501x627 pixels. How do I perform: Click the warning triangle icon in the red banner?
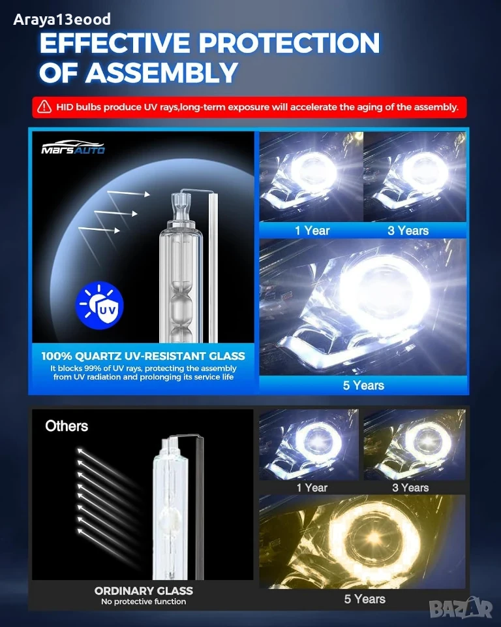pyautogui.click(x=44, y=106)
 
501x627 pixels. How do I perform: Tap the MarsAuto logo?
pyautogui.click(x=73, y=148)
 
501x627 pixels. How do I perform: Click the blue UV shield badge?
pyautogui.click(x=99, y=305)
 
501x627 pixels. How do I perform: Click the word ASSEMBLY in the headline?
pyautogui.click(x=162, y=72)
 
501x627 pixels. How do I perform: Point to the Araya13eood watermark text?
pyautogui.click(x=62, y=19)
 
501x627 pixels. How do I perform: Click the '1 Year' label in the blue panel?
pyautogui.click(x=312, y=231)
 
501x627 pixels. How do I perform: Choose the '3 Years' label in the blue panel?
pyautogui.click(x=408, y=231)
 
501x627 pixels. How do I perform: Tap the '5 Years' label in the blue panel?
pyautogui.click(x=363, y=385)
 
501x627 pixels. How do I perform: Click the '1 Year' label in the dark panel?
pyautogui.click(x=312, y=487)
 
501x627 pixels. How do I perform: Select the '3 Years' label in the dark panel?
pyautogui.click(x=410, y=487)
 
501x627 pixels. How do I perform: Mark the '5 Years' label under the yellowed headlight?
pyautogui.click(x=365, y=599)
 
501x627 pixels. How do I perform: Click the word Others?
pyautogui.click(x=67, y=426)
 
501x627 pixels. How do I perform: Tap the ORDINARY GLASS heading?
pyautogui.click(x=144, y=590)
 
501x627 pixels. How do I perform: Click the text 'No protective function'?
pyautogui.click(x=144, y=602)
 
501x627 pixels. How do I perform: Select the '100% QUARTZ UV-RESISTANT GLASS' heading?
pyautogui.click(x=143, y=356)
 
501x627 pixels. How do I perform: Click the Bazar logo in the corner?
pyautogui.click(x=461, y=608)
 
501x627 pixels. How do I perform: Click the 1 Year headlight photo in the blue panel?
pyautogui.click(x=311, y=176)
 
